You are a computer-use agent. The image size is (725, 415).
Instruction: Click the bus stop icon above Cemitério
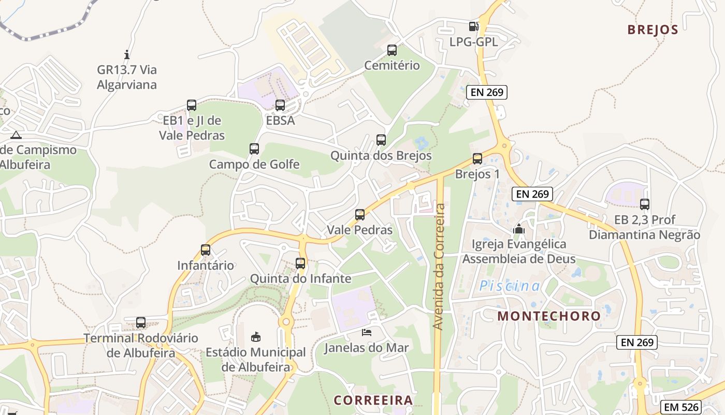tap(392, 50)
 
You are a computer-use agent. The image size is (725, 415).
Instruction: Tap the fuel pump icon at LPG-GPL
tap(473, 26)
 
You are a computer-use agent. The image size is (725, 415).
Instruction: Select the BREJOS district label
tap(653, 30)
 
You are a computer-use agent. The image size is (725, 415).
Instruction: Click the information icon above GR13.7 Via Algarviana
tap(127, 54)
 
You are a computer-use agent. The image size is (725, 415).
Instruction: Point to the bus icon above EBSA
tap(280, 105)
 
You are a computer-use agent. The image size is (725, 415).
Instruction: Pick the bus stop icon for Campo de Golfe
tap(254, 149)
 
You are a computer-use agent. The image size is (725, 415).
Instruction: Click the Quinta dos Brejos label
tap(381, 156)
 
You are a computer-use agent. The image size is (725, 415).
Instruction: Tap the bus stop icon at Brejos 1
tap(477, 159)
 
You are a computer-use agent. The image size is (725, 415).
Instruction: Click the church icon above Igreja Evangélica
tap(519, 229)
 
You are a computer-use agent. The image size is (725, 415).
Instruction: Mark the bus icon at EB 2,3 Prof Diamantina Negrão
tap(645, 204)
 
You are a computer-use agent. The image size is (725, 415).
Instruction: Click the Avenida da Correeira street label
tap(439, 267)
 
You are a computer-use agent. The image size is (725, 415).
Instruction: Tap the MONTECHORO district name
tap(549, 316)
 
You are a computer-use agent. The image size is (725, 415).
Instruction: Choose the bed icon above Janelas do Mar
tap(367, 333)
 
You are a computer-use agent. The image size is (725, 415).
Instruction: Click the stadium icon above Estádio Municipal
tap(256, 337)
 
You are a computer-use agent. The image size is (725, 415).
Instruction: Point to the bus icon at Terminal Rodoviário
tap(141, 323)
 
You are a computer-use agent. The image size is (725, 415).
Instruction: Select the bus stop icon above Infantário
tap(206, 250)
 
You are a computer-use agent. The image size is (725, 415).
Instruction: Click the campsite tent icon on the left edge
tap(16, 135)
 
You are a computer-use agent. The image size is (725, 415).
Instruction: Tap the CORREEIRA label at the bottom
tap(373, 400)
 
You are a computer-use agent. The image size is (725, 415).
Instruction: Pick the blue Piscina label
tap(510, 286)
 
